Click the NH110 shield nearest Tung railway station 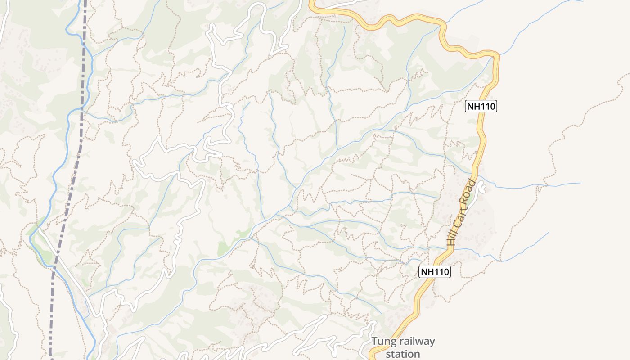click(435, 272)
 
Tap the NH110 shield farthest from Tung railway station click(481, 107)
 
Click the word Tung click(383, 342)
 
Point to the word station click(403, 354)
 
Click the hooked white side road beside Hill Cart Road click(482, 187)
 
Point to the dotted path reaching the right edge click(623, 76)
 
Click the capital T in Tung click(374, 342)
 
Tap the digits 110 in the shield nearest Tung click(440, 272)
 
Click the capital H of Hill click(450, 243)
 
